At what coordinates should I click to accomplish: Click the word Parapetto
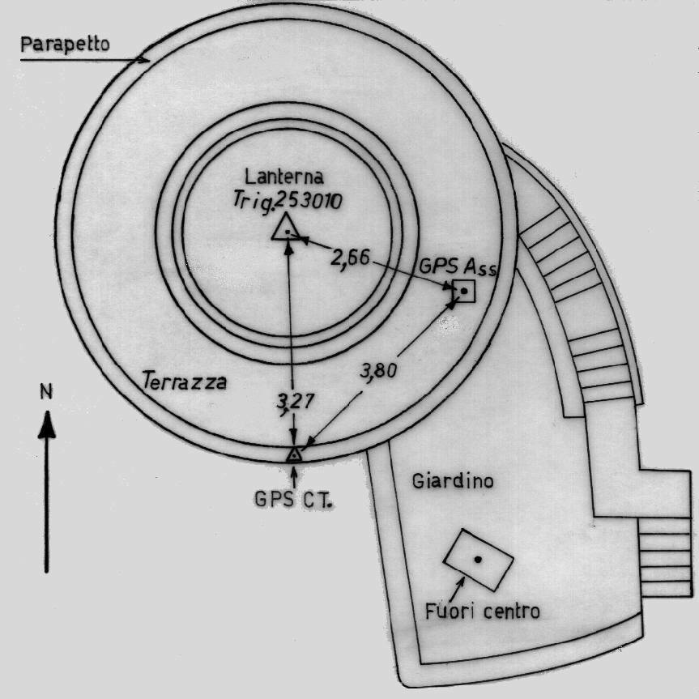click(x=64, y=44)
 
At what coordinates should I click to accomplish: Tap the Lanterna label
click(x=285, y=176)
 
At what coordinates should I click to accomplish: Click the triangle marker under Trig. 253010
click(x=286, y=229)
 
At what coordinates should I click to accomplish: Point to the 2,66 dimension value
click(x=351, y=257)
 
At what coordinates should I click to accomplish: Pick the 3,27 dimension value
click(x=292, y=400)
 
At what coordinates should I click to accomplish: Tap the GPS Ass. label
click(x=458, y=266)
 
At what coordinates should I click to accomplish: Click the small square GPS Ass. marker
click(x=463, y=291)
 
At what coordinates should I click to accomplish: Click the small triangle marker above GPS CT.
click(x=295, y=454)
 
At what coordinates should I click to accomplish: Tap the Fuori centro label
click(x=482, y=611)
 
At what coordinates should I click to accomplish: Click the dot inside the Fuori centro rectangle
click(x=478, y=559)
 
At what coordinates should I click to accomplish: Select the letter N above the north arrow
click(x=47, y=393)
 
